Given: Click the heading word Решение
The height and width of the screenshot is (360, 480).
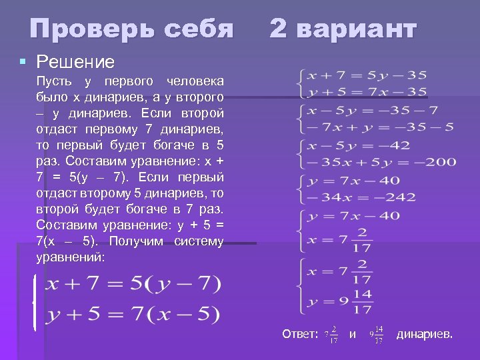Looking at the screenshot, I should (75, 62).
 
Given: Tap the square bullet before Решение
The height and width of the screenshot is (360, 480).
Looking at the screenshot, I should (23, 62).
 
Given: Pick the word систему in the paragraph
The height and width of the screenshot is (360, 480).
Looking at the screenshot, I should (199, 241).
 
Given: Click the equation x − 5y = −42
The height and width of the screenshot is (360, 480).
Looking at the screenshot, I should (360, 145).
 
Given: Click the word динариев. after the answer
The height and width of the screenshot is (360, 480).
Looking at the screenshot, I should (425, 334).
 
